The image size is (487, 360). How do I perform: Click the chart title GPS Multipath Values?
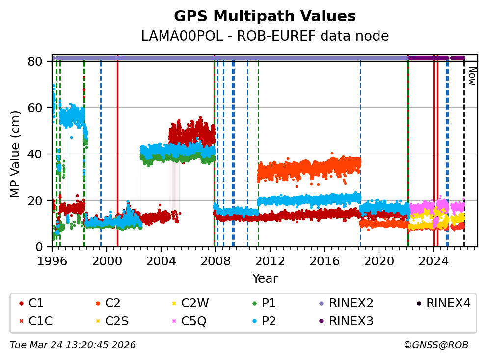point(265,16)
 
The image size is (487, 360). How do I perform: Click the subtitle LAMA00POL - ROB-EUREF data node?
point(265,36)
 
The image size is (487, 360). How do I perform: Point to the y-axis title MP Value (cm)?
point(16,154)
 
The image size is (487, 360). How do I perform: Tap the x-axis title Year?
point(265,279)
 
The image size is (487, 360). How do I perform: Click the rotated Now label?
point(472,76)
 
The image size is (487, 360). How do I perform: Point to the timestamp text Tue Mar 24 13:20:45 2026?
point(73,345)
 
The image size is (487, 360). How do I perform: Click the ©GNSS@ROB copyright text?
point(436,345)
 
